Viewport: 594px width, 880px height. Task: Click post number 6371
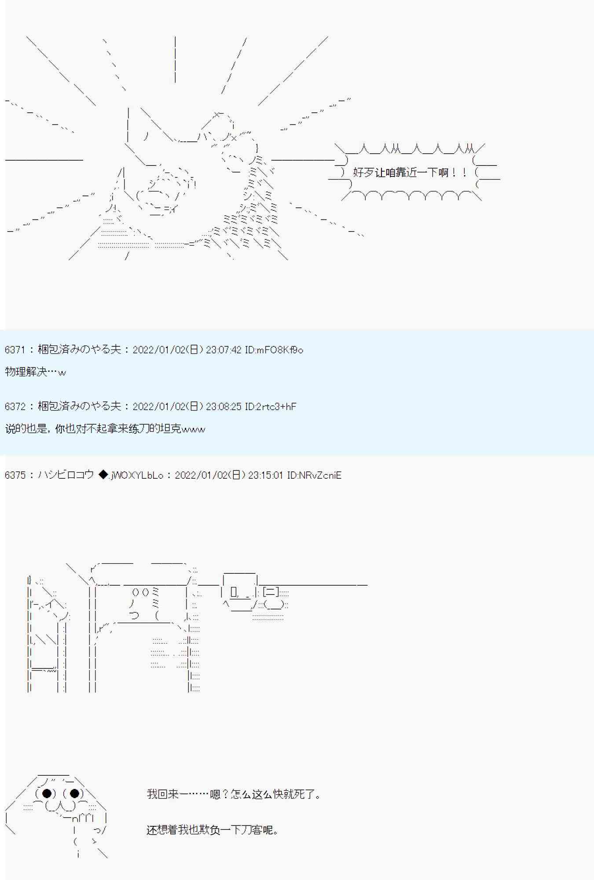pyautogui.click(x=15, y=350)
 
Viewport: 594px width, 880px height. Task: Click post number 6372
pyautogui.click(x=15, y=406)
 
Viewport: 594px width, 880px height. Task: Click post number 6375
pyautogui.click(x=15, y=475)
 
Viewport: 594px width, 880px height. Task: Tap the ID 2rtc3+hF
pyautogui.click(x=270, y=406)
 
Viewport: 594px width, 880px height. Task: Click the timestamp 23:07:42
pyautogui.click(x=224, y=350)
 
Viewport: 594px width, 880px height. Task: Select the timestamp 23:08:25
pyautogui.click(x=224, y=406)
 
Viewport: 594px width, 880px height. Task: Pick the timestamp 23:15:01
pyautogui.click(x=265, y=475)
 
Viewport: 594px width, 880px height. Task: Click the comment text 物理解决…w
pyautogui.click(x=35, y=372)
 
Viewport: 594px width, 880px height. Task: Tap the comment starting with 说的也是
pyautogui.click(x=105, y=429)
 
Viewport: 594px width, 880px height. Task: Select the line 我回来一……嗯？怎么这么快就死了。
pyautogui.click(x=234, y=794)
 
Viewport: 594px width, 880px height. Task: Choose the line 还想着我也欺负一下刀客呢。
pyautogui.click(x=213, y=830)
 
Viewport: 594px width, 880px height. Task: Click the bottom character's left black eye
pyautogui.click(x=46, y=793)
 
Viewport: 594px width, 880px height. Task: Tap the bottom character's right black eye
pyautogui.click(x=74, y=793)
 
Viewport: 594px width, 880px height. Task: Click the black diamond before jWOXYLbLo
pyautogui.click(x=103, y=475)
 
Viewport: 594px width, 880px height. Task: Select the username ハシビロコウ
pyautogui.click(x=66, y=475)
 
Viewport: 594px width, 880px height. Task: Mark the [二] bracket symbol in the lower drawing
pyautogui.click(x=270, y=593)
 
